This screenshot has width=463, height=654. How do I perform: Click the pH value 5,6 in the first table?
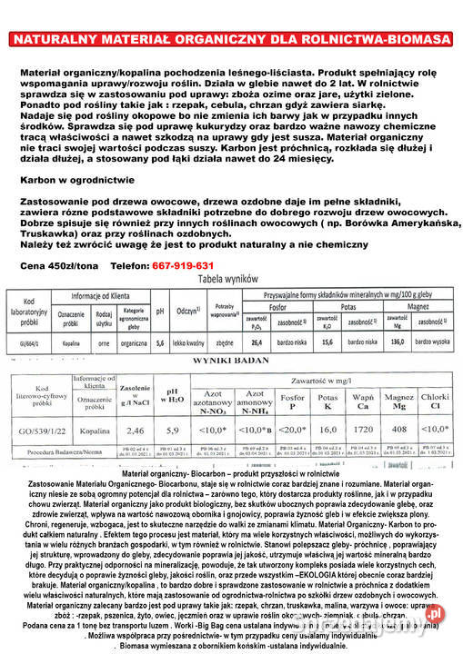point(160,343)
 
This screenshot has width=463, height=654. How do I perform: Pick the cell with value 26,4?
point(257,343)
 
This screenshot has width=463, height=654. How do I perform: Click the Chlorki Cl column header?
point(436,401)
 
